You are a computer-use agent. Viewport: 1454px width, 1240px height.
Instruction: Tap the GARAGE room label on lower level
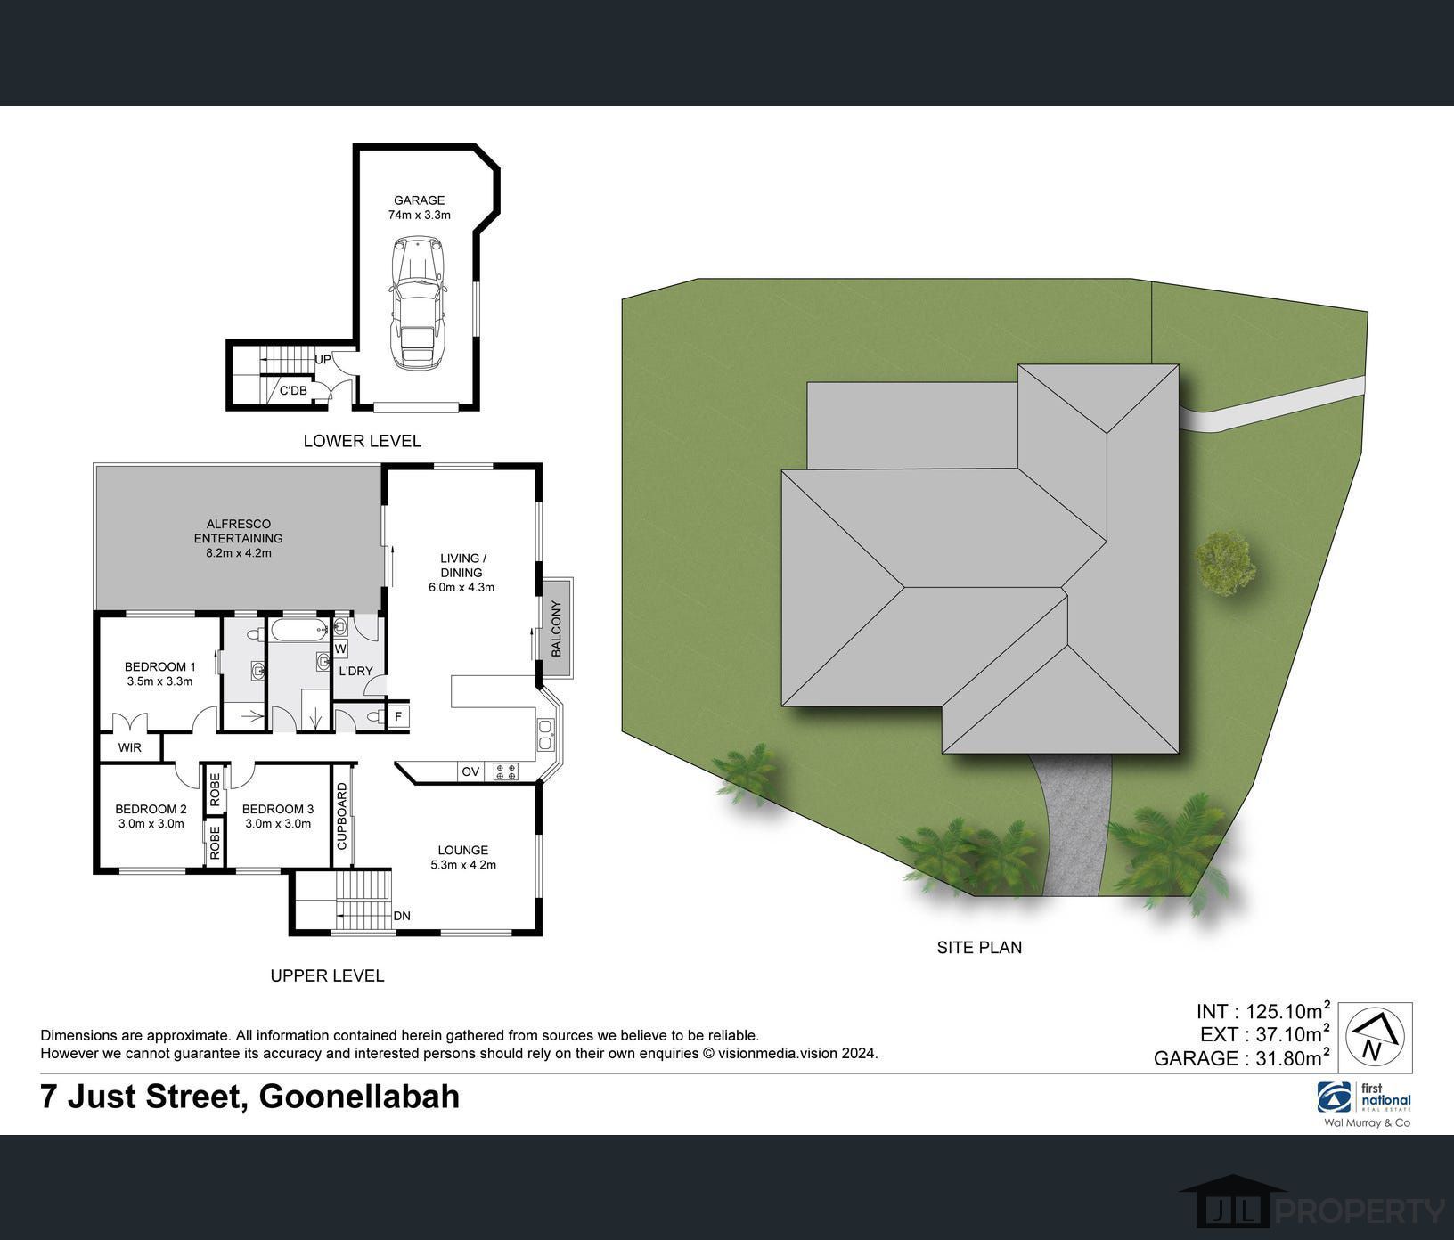click(419, 200)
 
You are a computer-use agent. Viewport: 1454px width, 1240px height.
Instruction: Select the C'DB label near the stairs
click(293, 390)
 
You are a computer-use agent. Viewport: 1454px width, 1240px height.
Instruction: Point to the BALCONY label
click(558, 629)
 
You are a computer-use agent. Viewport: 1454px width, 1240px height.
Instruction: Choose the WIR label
click(130, 747)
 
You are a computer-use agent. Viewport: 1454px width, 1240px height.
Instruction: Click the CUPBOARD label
click(341, 816)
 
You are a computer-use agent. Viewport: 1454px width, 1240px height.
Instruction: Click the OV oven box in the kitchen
click(470, 771)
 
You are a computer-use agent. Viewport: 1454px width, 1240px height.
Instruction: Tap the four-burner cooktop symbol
click(505, 771)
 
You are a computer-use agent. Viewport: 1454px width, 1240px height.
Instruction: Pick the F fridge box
click(398, 716)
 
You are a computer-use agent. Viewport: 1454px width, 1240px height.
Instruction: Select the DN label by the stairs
click(402, 916)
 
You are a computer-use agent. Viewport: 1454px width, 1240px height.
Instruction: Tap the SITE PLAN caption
click(979, 948)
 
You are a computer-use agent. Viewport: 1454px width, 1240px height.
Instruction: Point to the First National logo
click(1364, 1098)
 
